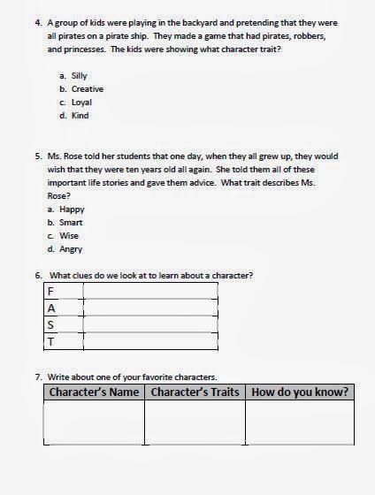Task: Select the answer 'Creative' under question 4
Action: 88,90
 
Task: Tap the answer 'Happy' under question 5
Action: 72,209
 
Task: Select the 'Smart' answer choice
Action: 71,223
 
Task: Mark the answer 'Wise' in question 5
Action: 70,236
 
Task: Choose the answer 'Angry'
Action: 71,249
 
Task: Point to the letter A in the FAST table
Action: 51,308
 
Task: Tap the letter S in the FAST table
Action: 51,325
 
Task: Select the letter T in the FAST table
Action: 51,342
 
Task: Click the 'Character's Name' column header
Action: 94,392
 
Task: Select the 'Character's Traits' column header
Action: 195,392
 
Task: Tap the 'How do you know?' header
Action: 300,392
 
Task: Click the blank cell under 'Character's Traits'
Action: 195,422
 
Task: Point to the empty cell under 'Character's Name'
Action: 94,422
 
